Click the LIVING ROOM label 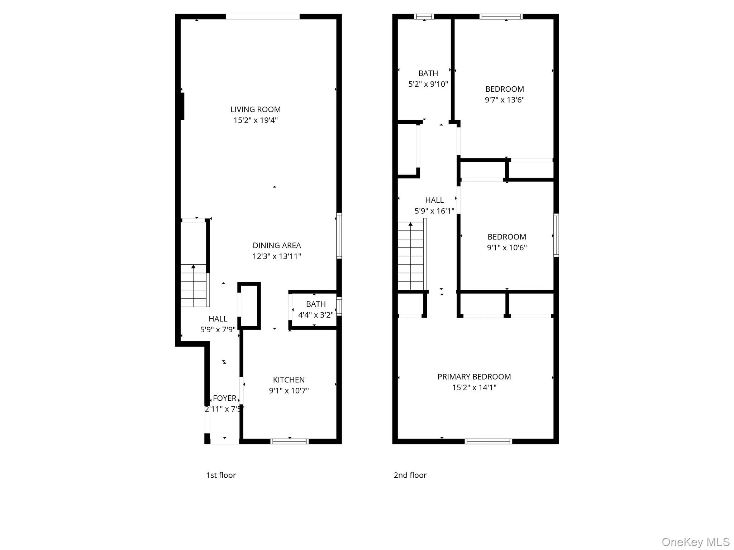point(255,110)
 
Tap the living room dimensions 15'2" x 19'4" point(255,120)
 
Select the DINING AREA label point(277,246)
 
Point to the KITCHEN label point(289,380)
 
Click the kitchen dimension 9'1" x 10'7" point(289,391)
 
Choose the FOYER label point(224,398)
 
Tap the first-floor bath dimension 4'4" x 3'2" point(316,315)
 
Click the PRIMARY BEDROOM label point(474,377)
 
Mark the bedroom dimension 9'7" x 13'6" point(504,100)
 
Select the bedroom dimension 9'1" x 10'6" point(506,247)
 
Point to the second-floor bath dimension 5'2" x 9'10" point(428,84)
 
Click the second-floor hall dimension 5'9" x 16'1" point(434,211)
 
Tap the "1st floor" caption point(221,475)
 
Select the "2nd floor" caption point(410,475)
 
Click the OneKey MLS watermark point(695,542)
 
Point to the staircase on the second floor point(411,256)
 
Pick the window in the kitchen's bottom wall point(290,441)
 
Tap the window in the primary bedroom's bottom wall point(488,441)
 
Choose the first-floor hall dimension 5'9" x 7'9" point(218,330)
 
